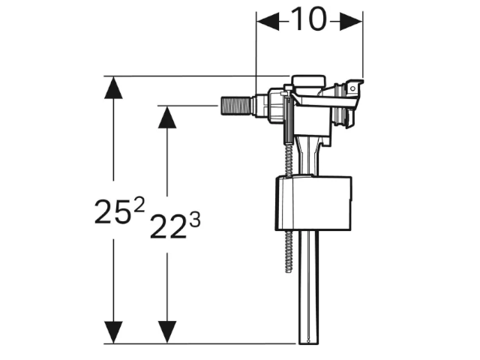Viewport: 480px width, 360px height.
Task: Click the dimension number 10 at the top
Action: [x=309, y=19]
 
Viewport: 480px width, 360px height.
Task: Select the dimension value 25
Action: [x=112, y=212]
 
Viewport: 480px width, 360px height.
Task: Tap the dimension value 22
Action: [x=168, y=226]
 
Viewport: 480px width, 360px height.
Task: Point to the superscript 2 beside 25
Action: [x=139, y=205]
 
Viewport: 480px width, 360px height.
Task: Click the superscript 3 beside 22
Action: [x=195, y=220]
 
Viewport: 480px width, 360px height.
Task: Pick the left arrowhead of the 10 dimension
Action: [x=268, y=22]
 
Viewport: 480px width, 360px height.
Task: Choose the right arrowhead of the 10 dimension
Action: [x=351, y=22]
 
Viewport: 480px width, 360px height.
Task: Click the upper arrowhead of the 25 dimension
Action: [x=113, y=87]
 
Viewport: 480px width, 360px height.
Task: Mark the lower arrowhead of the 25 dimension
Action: [x=113, y=332]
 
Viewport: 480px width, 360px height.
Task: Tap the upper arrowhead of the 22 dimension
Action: [x=167, y=117]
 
